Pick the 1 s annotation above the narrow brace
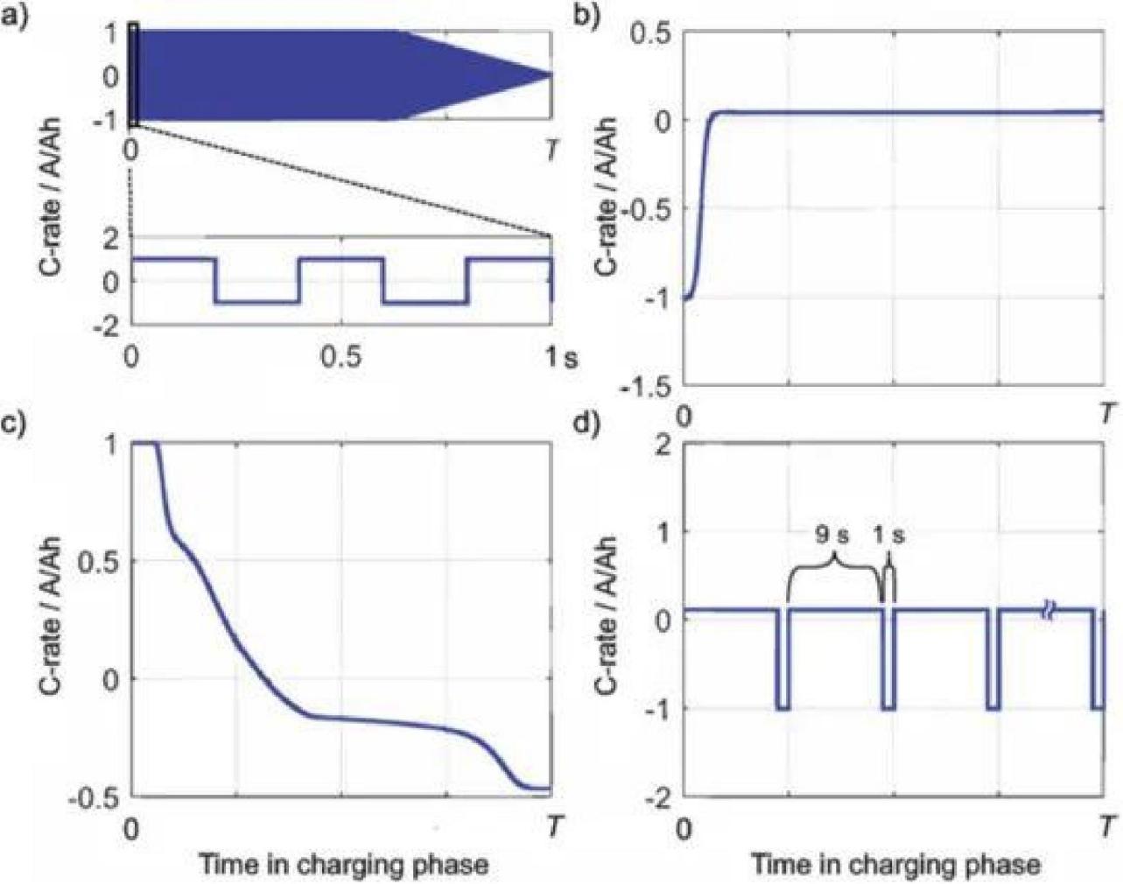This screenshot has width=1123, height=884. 889,536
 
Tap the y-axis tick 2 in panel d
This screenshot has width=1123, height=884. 664,445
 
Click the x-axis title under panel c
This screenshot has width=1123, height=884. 343,865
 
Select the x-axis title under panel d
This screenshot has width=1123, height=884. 895,865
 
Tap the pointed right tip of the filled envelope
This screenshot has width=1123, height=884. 551,75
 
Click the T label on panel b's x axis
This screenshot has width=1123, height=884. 1107,412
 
